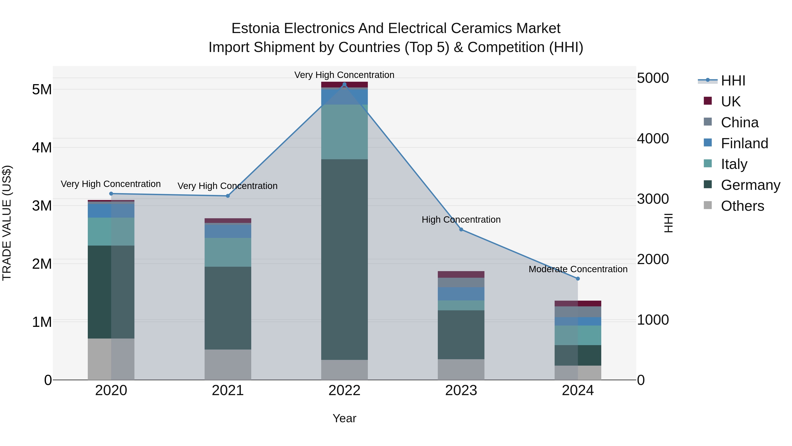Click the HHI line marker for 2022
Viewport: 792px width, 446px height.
coord(344,84)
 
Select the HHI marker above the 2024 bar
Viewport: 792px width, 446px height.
coord(578,279)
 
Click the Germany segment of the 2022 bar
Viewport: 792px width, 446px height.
coord(344,259)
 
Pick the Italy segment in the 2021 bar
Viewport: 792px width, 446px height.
coord(228,252)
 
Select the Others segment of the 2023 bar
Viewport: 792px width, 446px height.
coord(461,369)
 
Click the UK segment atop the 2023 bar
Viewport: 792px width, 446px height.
coord(461,274)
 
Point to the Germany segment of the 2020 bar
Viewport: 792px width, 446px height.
coord(111,292)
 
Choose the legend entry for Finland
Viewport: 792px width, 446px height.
coord(744,143)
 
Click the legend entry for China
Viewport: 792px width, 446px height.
coord(739,122)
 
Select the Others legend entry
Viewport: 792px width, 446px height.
coord(742,206)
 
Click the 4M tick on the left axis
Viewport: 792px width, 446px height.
coord(42,147)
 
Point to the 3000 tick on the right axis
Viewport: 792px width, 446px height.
coord(653,199)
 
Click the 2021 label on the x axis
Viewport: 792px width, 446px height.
coord(228,390)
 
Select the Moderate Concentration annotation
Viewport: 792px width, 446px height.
coord(578,269)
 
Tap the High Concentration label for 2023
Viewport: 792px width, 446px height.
coord(461,219)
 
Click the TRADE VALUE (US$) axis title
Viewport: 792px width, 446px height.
coord(7,223)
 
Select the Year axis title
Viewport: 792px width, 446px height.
coord(344,418)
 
